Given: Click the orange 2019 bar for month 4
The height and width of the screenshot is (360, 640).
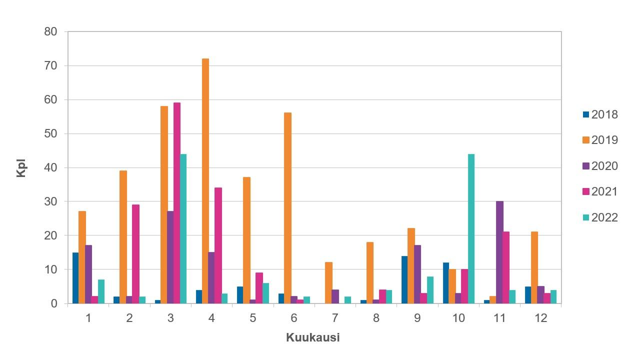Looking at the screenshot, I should [205, 181].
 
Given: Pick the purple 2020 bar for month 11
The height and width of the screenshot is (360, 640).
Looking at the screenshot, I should [499, 252].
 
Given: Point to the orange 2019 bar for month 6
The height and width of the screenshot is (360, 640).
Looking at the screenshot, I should [287, 208].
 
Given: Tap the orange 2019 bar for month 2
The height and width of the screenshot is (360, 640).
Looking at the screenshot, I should [123, 237].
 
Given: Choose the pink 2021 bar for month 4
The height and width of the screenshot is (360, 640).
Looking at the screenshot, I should [218, 245].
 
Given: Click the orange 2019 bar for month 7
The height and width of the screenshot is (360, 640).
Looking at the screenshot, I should [328, 283].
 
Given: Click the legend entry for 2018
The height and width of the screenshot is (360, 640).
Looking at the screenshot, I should [600, 114].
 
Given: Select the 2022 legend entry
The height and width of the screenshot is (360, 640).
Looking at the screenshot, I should [600, 217].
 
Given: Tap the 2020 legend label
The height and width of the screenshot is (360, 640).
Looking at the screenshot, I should [604, 166].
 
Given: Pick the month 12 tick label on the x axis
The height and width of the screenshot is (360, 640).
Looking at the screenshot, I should [540, 318].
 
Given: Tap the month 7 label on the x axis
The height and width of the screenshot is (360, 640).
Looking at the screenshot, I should [335, 318].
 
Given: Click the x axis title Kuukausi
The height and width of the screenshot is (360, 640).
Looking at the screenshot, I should [313, 337].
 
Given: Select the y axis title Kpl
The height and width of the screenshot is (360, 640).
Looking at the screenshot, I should [21, 168].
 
